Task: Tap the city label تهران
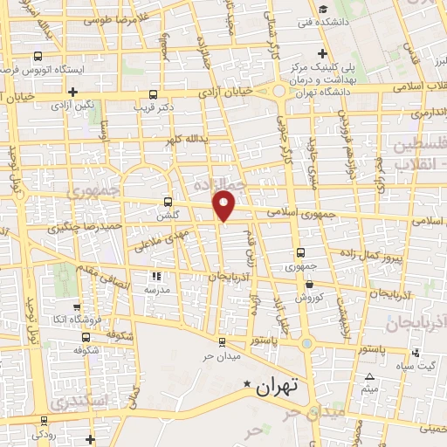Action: click(x=279, y=385)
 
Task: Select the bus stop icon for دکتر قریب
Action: click(x=154, y=94)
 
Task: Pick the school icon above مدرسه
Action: click(x=158, y=276)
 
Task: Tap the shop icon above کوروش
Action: click(x=308, y=284)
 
